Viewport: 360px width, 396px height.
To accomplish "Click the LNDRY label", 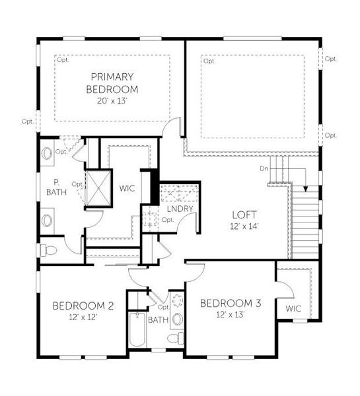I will [x=179, y=209].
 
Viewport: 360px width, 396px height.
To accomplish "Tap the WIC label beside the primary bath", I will [x=127, y=188].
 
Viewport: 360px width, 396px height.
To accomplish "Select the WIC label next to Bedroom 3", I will [x=293, y=308].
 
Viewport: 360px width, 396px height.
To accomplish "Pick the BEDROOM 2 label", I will [x=84, y=306].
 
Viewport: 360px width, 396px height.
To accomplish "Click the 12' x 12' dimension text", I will [x=84, y=317].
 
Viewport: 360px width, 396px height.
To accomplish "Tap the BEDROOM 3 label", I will [x=231, y=304].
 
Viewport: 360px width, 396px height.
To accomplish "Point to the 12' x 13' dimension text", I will [x=231, y=315].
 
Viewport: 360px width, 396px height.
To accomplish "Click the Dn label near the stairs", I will [x=264, y=169].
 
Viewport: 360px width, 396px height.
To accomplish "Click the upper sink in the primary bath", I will [x=48, y=154].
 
